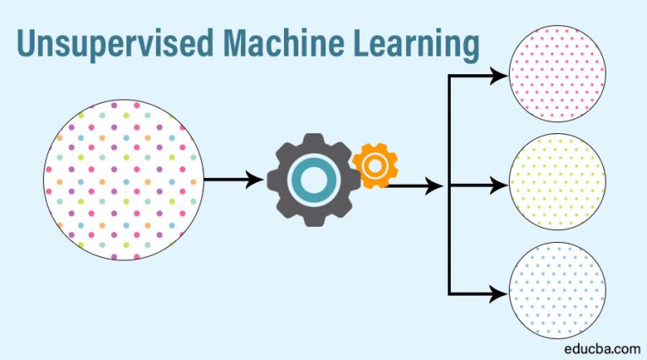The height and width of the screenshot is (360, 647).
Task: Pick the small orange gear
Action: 374,164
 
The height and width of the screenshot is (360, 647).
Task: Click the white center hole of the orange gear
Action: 374,164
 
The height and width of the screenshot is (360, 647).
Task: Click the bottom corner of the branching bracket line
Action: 450,293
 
